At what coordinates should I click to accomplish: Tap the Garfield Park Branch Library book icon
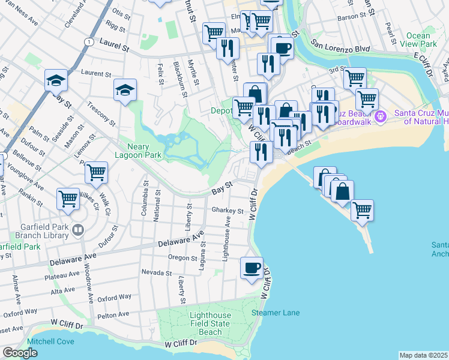click(x=78, y=229)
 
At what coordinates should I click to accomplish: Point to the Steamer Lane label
click(x=276, y=313)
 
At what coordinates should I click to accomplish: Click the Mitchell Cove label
click(x=50, y=341)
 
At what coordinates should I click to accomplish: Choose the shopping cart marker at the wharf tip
click(x=362, y=210)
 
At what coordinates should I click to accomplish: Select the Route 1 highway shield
click(x=89, y=41)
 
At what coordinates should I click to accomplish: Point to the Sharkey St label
click(x=228, y=211)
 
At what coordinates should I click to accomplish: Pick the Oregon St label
click(x=182, y=258)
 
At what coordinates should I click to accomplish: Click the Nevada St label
click(x=157, y=272)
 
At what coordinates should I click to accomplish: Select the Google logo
click(x=20, y=353)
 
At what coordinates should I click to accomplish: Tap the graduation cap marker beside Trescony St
click(x=125, y=90)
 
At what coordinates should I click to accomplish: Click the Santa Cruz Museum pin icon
click(x=380, y=115)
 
